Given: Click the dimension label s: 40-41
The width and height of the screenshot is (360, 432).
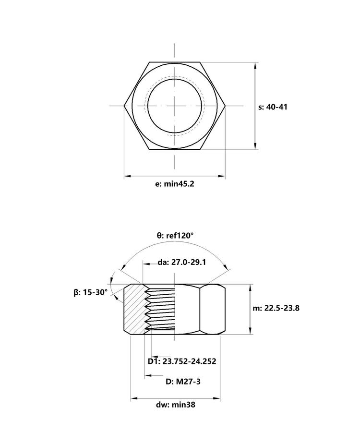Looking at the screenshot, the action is tap(273, 107).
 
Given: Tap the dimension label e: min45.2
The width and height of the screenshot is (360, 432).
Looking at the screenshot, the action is tap(175, 184).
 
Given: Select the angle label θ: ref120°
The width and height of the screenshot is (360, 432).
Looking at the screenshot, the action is tap(175, 235).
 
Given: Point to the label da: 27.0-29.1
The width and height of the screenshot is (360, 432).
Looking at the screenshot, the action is tap(182, 262).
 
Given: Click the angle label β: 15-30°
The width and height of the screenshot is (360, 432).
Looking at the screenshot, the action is tap(91, 292).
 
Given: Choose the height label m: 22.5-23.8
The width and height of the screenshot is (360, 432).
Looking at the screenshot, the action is tap(276, 308).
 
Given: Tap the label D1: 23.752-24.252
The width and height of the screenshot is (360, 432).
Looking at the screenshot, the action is tap(182, 361).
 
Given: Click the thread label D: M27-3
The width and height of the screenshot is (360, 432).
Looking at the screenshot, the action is tap(183, 382).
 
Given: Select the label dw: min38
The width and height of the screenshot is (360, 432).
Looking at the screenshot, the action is tap(176, 405).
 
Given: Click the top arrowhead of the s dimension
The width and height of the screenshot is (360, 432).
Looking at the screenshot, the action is tap(256, 66).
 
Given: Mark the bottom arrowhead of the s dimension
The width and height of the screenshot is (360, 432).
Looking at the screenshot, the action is tap(256, 146).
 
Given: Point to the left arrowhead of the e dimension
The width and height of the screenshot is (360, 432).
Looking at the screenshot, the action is tap(128, 176).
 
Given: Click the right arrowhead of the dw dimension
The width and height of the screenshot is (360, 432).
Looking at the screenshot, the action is tap(216, 398).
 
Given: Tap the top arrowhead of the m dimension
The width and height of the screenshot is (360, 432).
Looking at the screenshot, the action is tap(250, 288).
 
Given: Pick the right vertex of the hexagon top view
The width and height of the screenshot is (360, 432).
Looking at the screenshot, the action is tap(226, 106).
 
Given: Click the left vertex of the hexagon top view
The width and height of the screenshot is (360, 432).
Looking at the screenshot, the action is tap(124, 106).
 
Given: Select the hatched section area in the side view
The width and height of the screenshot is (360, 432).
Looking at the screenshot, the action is tap(134, 309).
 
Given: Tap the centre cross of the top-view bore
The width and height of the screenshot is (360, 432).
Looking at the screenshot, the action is tap(175, 106).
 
